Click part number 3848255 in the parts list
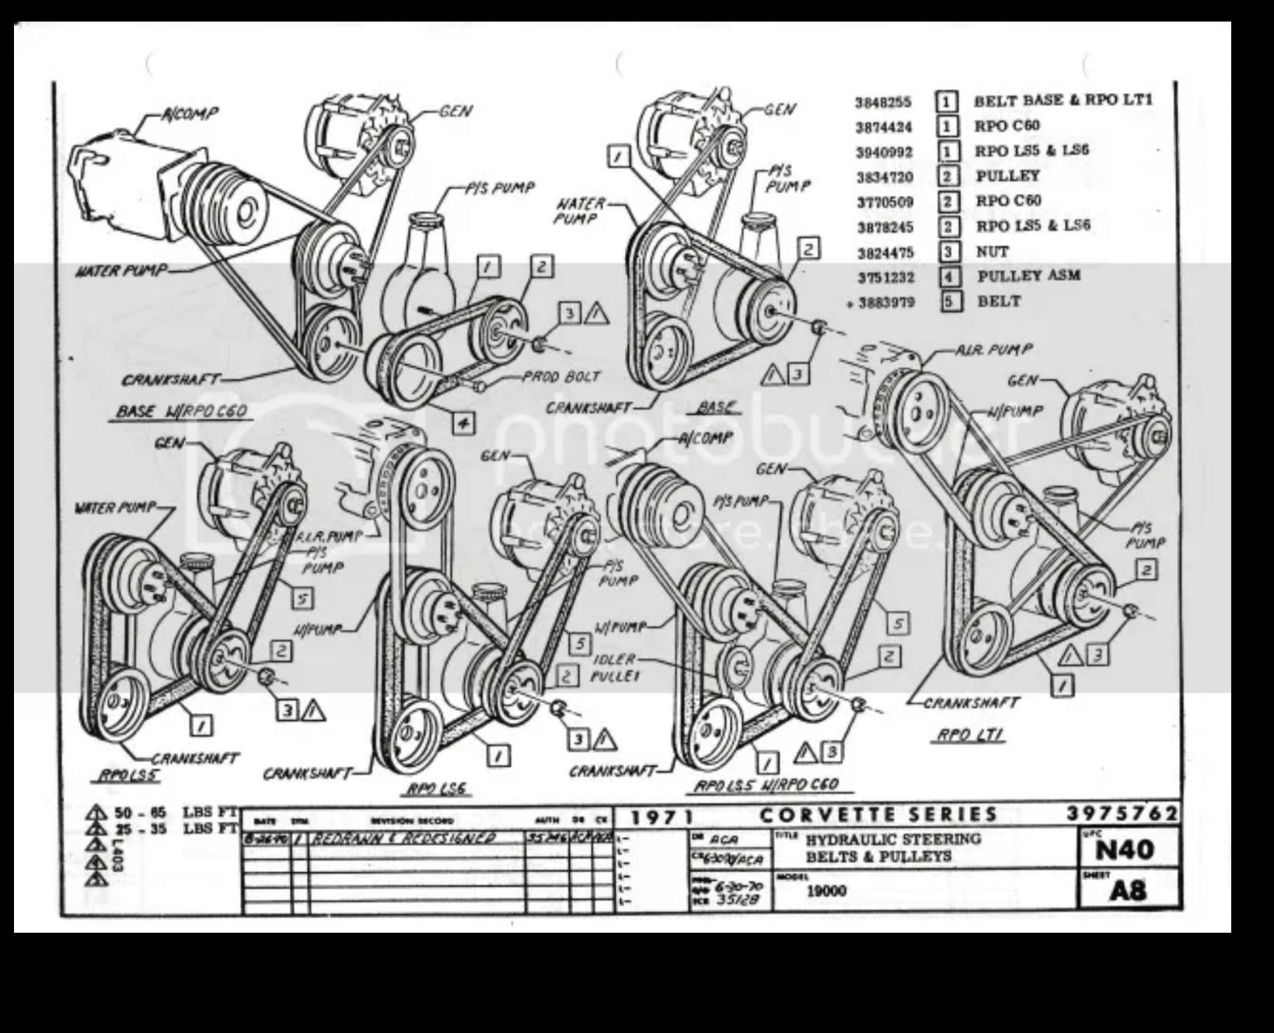(883, 103)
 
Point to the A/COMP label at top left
(190, 114)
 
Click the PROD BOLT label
(560, 377)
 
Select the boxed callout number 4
(462, 423)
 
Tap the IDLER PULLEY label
(615, 668)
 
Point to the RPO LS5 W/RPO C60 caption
(766, 784)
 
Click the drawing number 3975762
(1122, 813)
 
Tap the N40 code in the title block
(1124, 850)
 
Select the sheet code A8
(1127, 890)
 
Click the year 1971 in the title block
(661, 817)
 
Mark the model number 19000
(825, 891)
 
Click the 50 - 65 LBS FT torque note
(164, 813)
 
